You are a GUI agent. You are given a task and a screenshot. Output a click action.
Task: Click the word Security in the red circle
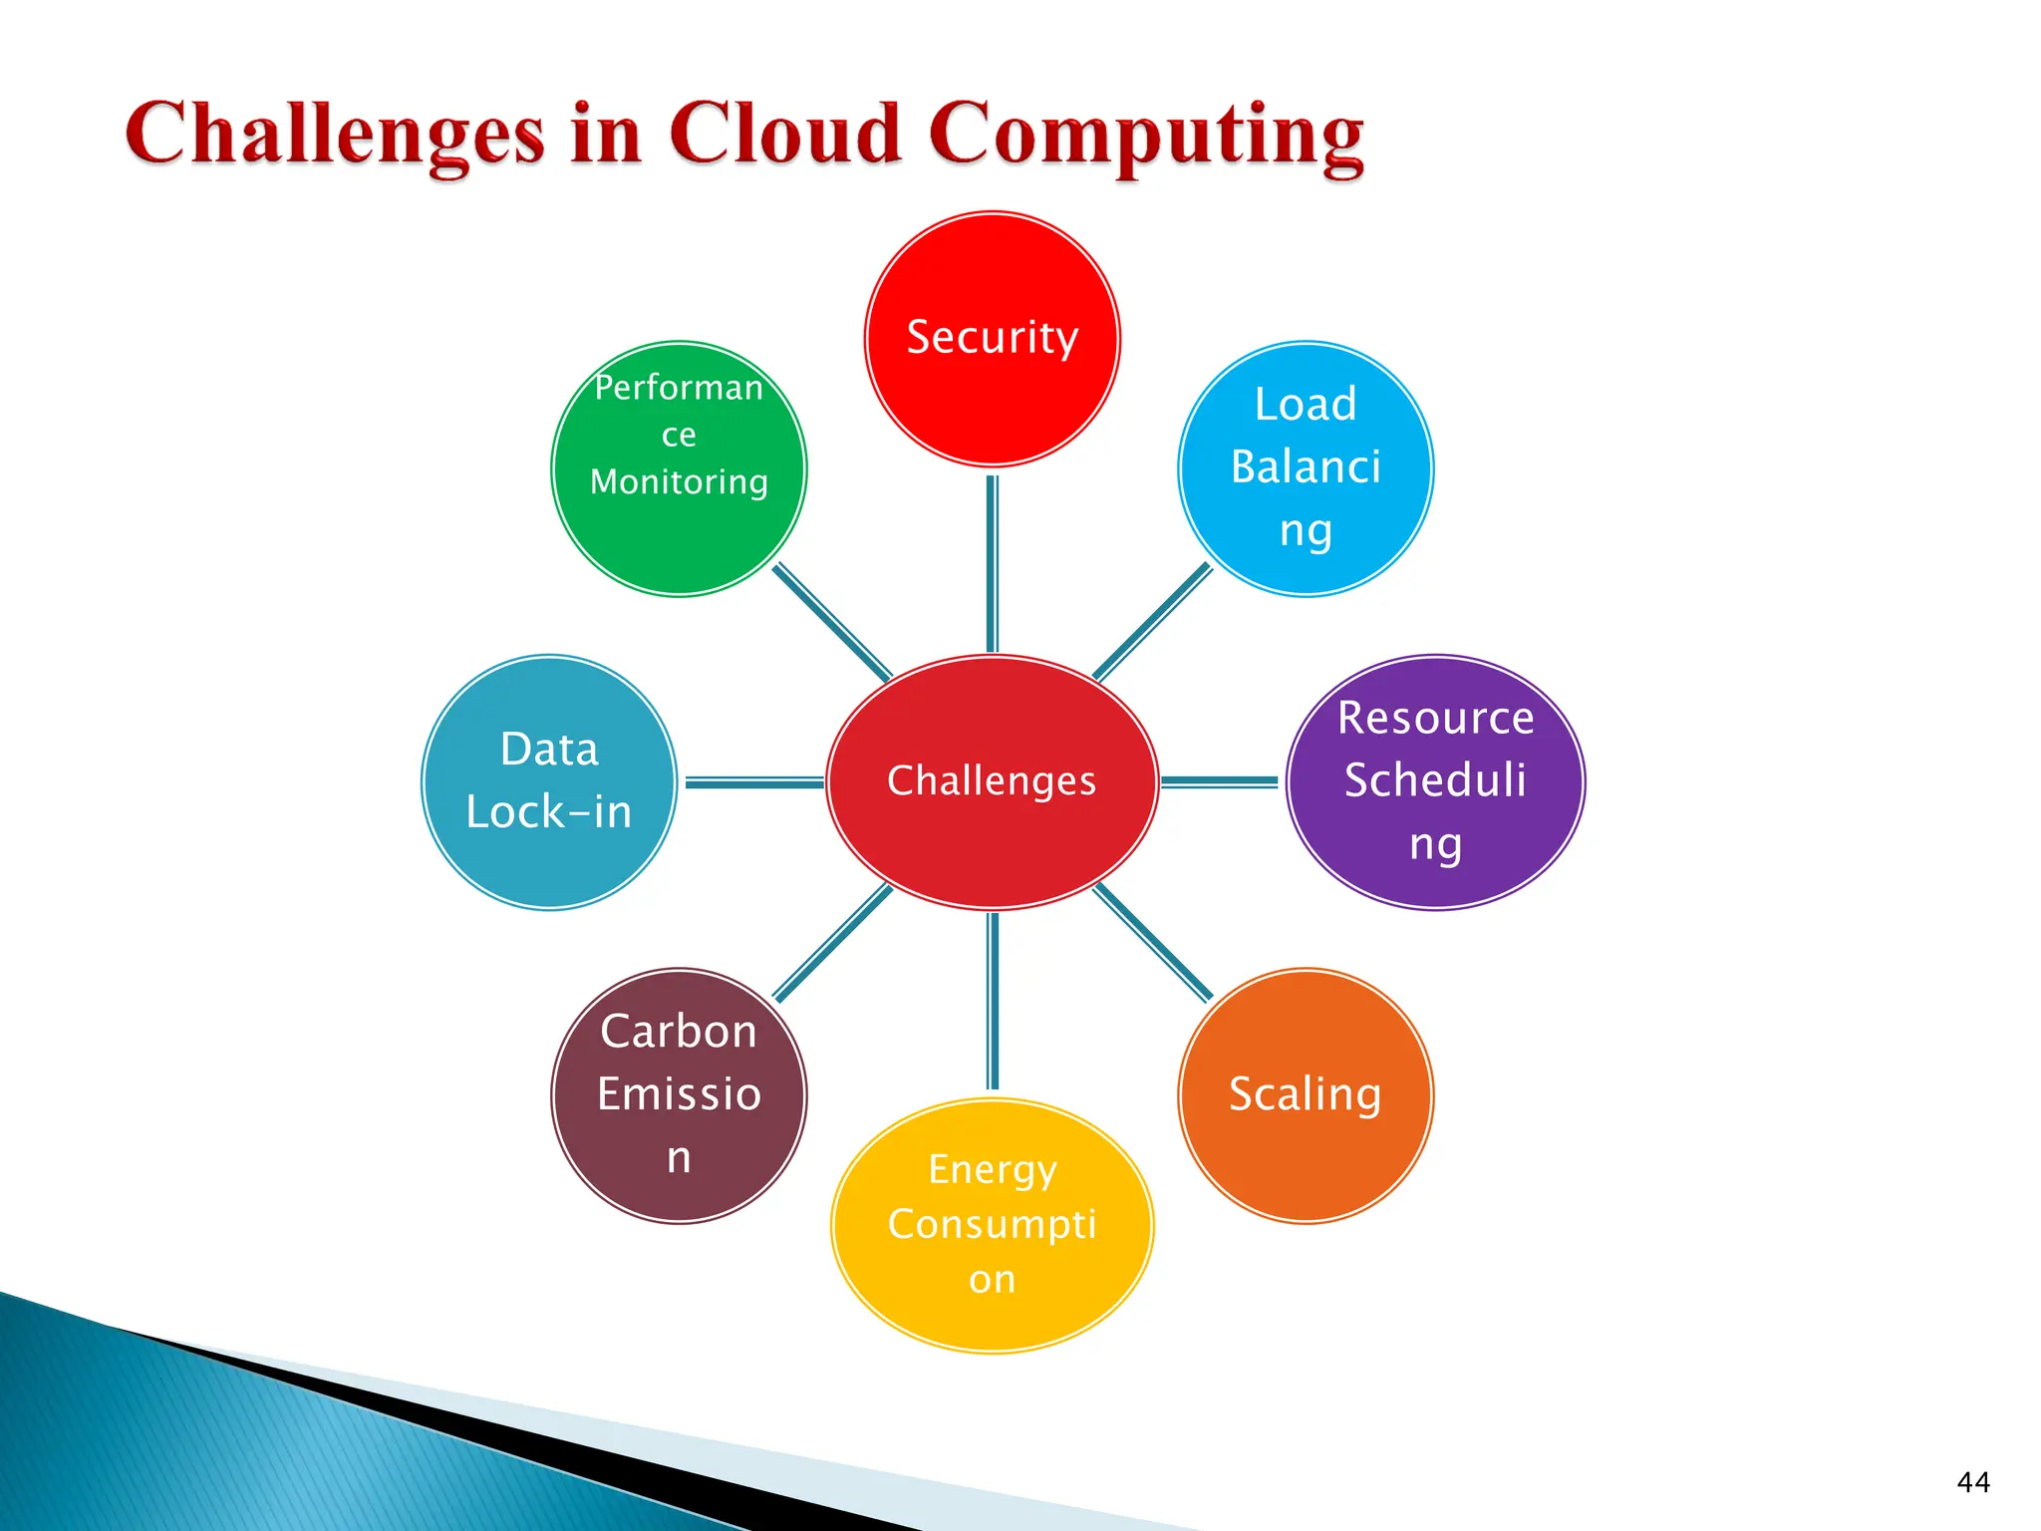tap(992, 338)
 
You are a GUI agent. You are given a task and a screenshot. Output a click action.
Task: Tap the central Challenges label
tap(992, 780)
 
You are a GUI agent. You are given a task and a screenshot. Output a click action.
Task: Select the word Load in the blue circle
tap(1306, 405)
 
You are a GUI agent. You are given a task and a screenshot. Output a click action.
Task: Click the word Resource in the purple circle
tap(1435, 718)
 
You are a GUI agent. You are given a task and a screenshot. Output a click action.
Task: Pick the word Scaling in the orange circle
tap(1305, 1095)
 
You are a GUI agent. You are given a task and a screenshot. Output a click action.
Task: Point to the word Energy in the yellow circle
tap(992, 1170)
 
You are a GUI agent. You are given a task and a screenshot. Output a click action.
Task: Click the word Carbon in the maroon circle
tap(679, 1032)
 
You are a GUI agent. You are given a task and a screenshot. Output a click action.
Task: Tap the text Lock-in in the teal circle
tap(549, 812)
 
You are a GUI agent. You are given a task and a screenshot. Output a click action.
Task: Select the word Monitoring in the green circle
tap(679, 482)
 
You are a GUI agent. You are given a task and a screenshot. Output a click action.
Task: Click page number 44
tap(1973, 1483)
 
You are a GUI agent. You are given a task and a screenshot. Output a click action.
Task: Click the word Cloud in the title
tap(785, 135)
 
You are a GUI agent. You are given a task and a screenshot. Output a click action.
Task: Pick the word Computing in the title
tap(1146, 137)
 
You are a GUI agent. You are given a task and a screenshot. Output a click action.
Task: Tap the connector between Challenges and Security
tap(992, 563)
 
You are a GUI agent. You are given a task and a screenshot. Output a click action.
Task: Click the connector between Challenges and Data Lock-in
tap(753, 782)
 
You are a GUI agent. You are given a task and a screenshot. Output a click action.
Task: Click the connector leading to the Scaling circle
tap(1153, 943)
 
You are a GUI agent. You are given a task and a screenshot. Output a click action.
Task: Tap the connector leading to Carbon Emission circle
tap(833, 942)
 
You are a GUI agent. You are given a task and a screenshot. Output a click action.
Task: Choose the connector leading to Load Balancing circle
tap(1153, 622)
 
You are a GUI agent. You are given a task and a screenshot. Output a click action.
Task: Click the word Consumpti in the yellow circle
tap(992, 1225)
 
